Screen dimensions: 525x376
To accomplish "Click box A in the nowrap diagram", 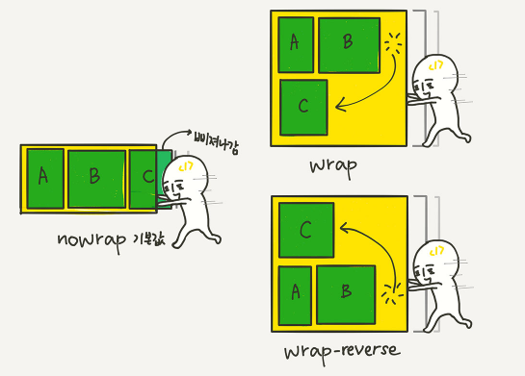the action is click(45, 179).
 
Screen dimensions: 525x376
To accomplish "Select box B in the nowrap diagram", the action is click(96, 179).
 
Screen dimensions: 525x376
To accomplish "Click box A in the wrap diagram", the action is click(296, 45).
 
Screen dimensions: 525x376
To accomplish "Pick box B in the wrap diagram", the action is click(350, 45).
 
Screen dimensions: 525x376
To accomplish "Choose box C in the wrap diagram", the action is click(303, 108).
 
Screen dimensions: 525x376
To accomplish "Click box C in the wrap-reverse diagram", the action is click(306, 230).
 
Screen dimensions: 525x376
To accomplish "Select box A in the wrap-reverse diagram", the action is click(295, 296).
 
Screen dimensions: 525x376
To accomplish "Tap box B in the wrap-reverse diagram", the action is click(346, 295).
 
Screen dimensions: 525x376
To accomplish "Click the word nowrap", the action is click(92, 240).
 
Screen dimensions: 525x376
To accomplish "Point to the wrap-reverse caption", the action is click(342, 352).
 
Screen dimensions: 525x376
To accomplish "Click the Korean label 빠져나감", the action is click(217, 141).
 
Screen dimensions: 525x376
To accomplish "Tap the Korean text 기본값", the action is click(149, 239).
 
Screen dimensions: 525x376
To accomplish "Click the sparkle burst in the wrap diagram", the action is click(393, 41).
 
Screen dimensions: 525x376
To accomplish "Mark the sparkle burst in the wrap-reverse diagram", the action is click(392, 294).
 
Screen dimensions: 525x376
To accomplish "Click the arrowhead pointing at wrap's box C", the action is click(341, 105).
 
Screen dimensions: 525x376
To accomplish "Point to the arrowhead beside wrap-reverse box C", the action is click(345, 228).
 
